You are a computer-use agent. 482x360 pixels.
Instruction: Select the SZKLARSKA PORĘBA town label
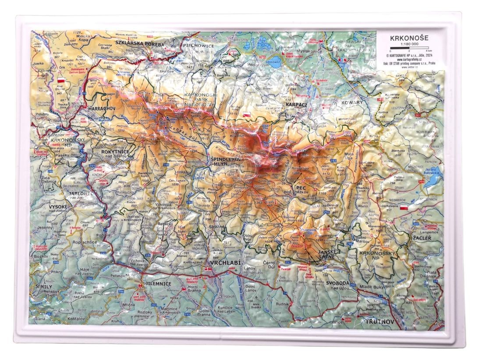coord(139,43)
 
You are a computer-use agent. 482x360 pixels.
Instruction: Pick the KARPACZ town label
coord(298,106)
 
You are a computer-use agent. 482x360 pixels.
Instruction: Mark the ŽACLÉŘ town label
coord(422,238)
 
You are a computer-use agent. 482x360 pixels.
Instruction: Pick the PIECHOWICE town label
coord(198,45)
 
